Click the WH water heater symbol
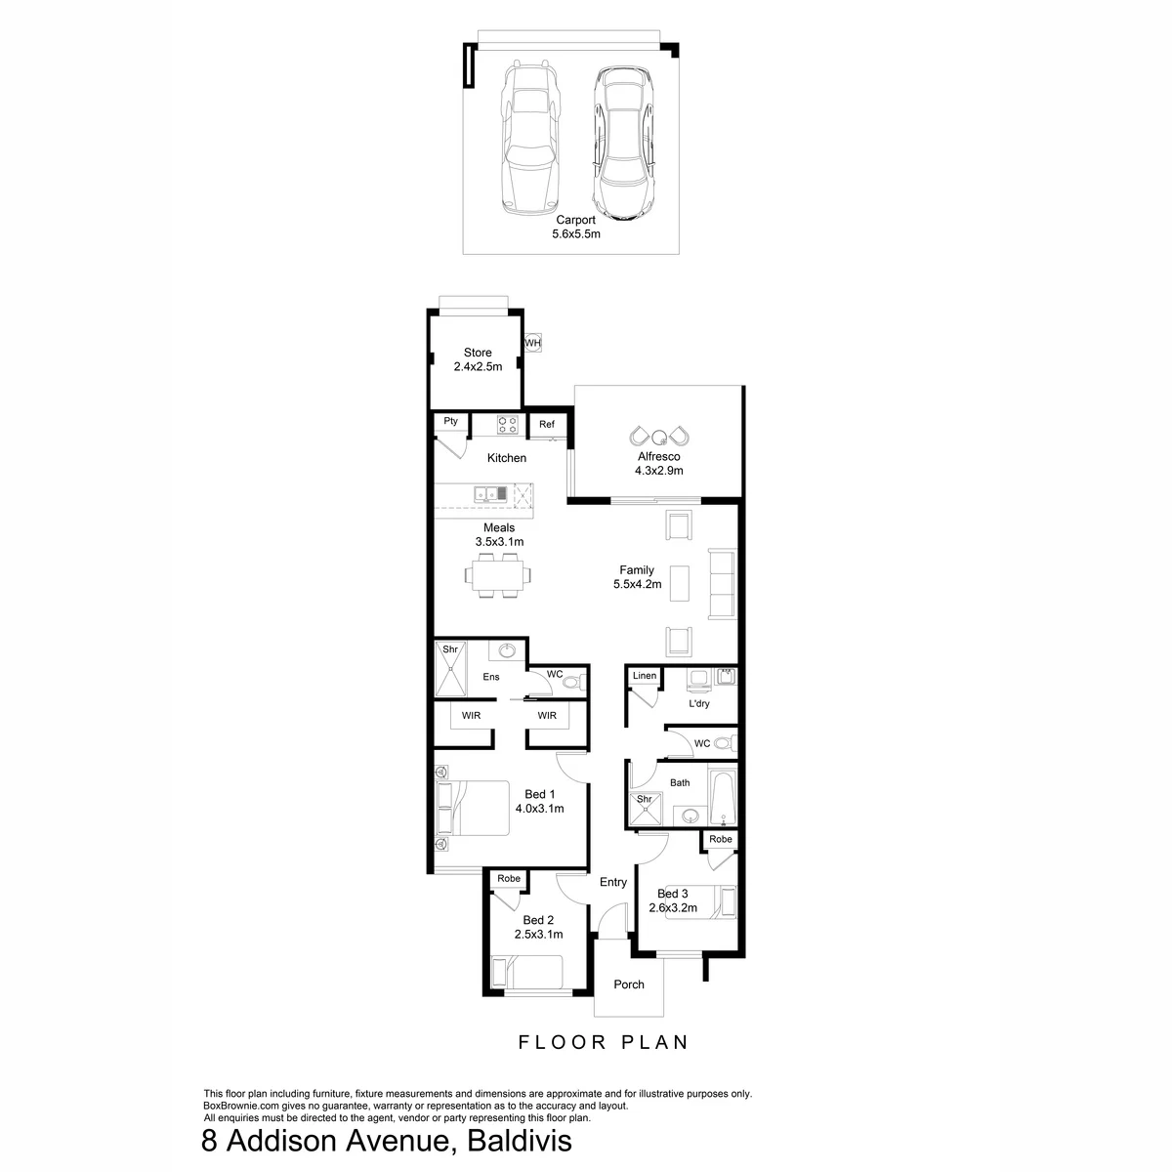[533, 343]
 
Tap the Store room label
[478, 353]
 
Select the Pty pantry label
[450, 421]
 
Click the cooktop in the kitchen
[507, 424]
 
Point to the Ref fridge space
[547, 424]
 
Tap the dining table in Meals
[497, 575]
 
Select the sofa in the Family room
[722, 584]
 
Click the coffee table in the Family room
[680, 583]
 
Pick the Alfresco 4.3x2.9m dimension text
[658, 470]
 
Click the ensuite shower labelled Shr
[450, 668]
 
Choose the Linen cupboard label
[644, 675]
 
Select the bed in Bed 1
[473, 809]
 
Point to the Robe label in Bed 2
[509, 878]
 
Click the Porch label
[629, 984]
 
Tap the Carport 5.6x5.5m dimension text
[576, 233]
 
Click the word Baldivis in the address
[519, 1141]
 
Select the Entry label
[613, 882]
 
